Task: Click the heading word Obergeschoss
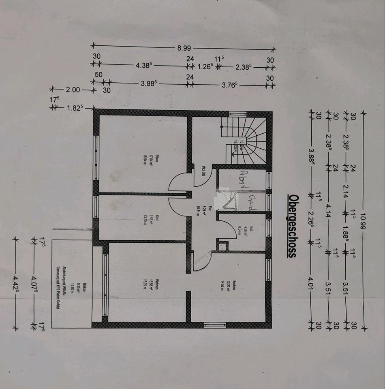point(292,225)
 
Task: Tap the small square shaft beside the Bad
point(222,245)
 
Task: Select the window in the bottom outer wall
point(214,325)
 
